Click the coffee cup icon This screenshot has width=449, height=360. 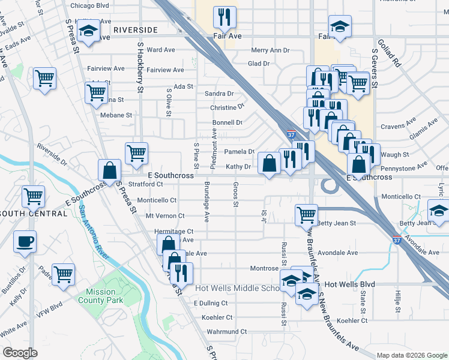[25, 241]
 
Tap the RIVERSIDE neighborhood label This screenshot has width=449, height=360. [135, 29]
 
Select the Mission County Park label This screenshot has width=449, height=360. [100, 295]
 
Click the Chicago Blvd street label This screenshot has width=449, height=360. [89, 5]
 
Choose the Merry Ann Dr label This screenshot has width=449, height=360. [270, 51]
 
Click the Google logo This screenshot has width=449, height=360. [20, 353]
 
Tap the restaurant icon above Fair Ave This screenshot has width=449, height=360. [225, 17]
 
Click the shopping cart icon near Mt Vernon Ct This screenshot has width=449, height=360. [306, 214]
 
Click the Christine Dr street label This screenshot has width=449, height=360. [227, 108]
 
